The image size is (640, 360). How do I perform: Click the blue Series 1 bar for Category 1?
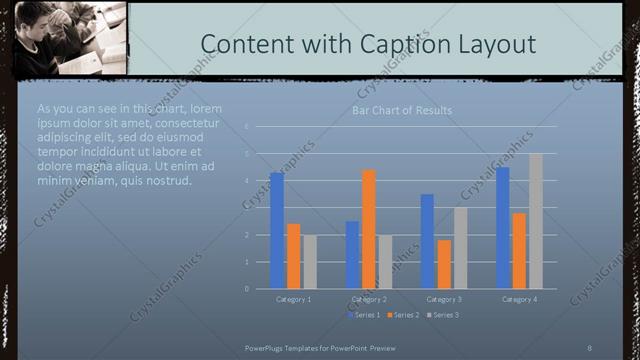pos(277,231)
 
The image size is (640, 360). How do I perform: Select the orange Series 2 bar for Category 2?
pos(369,229)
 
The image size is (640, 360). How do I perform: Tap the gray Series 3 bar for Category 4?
pos(536,221)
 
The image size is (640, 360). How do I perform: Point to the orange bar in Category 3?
pos(444,264)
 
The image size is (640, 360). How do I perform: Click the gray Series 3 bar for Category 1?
pos(310,262)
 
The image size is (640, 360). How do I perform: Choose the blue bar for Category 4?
pos(503,228)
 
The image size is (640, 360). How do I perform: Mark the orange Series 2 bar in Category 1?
pos(294,256)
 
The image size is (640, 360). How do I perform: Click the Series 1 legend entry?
pos(365,315)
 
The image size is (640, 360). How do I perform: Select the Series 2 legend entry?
pos(403,315)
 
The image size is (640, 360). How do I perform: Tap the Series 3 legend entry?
pos(443,315)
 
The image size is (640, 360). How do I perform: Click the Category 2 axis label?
pos(369,299)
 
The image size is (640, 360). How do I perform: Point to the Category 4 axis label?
pos(520,299)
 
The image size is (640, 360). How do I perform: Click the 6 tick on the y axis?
pos(247,127)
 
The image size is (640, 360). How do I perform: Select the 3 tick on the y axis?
pos(247,208)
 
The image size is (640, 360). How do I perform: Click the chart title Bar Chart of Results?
pos(402,110)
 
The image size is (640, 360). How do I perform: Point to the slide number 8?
pos(589,346)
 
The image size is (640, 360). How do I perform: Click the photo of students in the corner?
pos(64,38)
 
